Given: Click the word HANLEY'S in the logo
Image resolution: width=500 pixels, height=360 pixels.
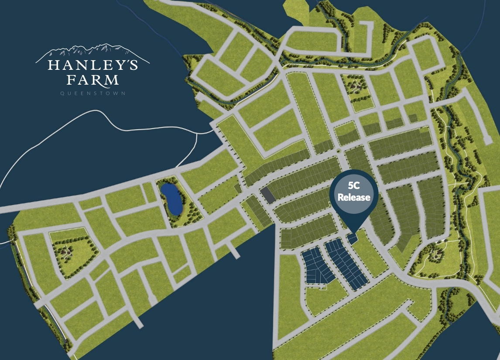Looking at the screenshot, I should (x=92, y=66).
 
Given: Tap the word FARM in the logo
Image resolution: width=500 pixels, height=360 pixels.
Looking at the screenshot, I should (x=92, y=80).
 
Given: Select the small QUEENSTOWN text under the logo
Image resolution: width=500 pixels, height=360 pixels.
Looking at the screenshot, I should (x=92, y=93).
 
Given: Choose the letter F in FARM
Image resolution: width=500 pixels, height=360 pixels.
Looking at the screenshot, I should (x=71, y=80).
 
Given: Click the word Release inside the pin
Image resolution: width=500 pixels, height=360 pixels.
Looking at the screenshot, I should (x=354, y=197).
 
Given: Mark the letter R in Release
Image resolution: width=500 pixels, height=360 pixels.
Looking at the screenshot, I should (x=340, y=197).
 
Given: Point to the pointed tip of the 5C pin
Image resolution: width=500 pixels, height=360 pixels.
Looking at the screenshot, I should (x=354, y=231).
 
